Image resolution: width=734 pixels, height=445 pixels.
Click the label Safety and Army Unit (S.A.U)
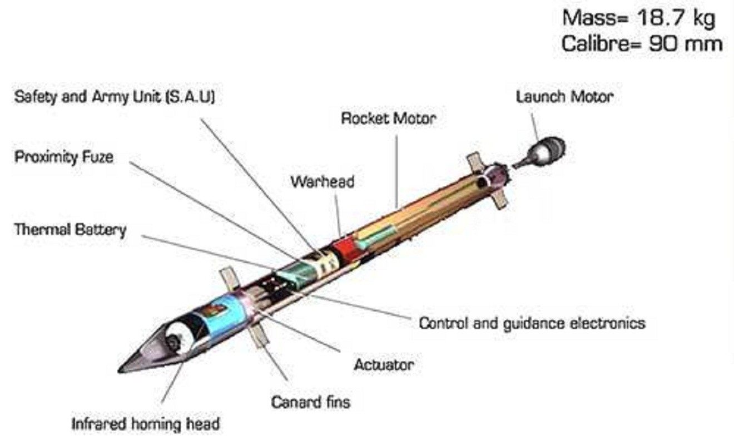click(x=115, y=97)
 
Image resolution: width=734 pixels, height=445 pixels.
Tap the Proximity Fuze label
click(x=64, y=157)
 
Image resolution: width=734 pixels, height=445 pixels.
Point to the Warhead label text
click(x=323, y=182)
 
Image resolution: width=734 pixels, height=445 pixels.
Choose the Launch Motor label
click(x=564, y=97)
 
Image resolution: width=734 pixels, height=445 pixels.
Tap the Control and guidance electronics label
click(x=532, y=323)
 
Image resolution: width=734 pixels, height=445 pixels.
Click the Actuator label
click(x=384, y=365)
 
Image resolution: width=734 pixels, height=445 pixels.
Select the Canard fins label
click(x=311, y=402)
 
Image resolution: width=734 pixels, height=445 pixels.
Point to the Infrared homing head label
click(x=146, y=424)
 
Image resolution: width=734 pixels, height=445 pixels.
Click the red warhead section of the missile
click(x=345, y=249)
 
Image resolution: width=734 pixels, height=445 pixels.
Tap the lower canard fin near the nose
click(x=260, y=337)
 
